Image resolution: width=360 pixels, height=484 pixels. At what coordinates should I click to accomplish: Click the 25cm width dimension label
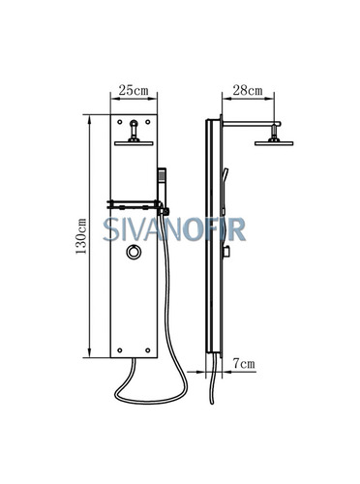pos(134,90)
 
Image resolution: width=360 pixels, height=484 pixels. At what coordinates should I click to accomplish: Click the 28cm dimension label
pos(248,90)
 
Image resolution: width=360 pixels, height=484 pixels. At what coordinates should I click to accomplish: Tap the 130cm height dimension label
pos(81,236)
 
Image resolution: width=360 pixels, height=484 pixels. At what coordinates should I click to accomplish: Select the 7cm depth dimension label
pos(244,364)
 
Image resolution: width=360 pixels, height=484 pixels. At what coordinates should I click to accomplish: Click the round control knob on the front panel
pos(134,252)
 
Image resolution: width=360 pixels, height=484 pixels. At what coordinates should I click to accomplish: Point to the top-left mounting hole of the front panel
pos(120,122)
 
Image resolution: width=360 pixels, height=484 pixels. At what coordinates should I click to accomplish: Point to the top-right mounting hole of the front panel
pos(148,122)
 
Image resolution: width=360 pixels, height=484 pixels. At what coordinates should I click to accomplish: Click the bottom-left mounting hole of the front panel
pos(120,350)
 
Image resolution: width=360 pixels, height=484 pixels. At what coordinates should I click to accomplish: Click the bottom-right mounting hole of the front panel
pos(148,350)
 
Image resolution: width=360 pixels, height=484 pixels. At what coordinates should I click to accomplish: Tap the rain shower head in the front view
pos(134,143)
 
